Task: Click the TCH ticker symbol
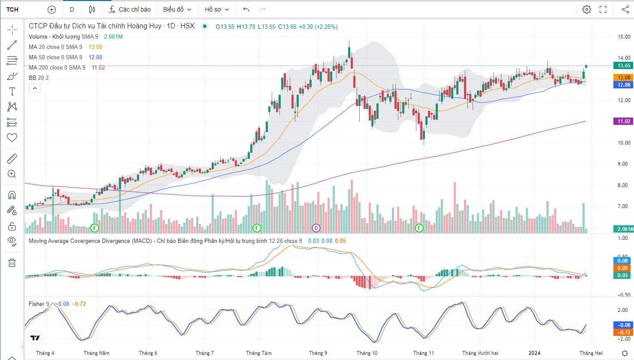pyautogui.click(x=12, y=9)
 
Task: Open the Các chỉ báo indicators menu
pyautogui.click(x=130, y=9)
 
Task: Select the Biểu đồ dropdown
pyautogui.click(x=177, y=9)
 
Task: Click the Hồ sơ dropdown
pyautogui.click(x=217, y=9)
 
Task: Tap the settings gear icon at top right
pyautogui.click(x=587, y=9)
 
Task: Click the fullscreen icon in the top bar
pyautogui.click(x=603, y=9)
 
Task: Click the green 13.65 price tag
pyautogui.click(x=624, y=66)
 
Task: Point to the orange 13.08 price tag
pyautogui.click(x=624, y=78)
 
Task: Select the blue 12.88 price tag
pyautogui.click(x=624, y=85)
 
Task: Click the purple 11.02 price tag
pyautogui.click(x=624, y=121)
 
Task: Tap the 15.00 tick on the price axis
pyautogui.click(x=624, y=37)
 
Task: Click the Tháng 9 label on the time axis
pyautogui.click(x=318, y=353)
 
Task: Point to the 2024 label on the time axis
pyautogui.click(x=534, y=353)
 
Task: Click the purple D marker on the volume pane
pyautogui.click(x=316, y=228)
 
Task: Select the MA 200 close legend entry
pyautogui.click(x=57, y=67)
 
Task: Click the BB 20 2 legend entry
pyautogui.click(x=39, y=78)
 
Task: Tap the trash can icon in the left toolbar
pyautogui.click(x=12, y=263)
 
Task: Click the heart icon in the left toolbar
pyautogui.click(x=12, y=138)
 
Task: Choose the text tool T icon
pyautogui.click(x=12, y=91)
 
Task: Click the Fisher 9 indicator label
pyautogui.click(x=39, y=304)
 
